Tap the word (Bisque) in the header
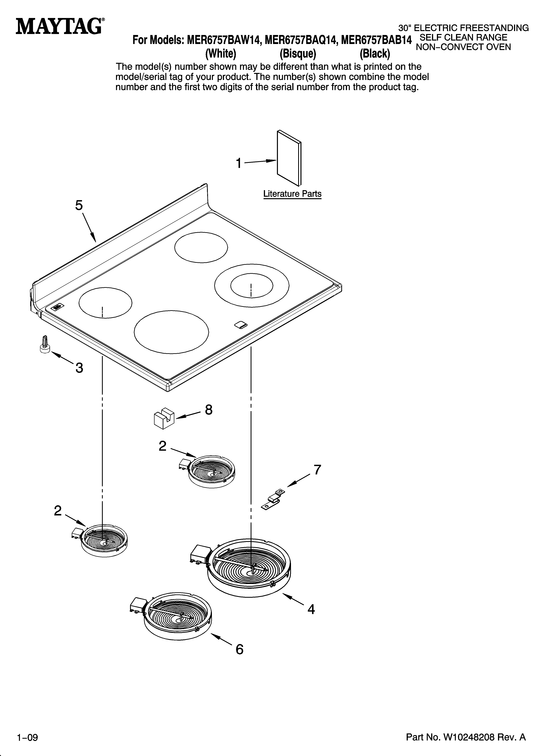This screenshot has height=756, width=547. tap(298, 53)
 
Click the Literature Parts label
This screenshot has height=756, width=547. tap(292, 194)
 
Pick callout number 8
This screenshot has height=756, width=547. tap(208, 410)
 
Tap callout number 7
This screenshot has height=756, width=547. tap(317, 470)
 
